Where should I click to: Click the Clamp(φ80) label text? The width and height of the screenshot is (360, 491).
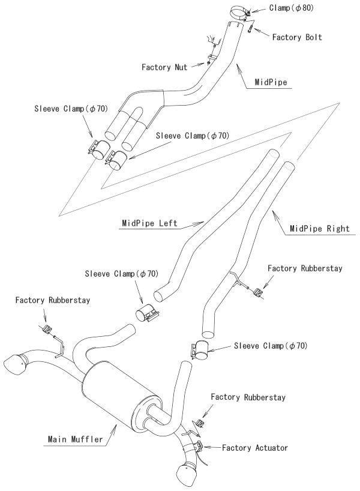click(x=290, y=8)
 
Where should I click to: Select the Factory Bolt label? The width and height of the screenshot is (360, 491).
click(x=297, y=37)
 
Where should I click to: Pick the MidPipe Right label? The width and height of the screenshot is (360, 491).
click(x=319, y=228)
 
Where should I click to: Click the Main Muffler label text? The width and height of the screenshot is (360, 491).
click(x=76, y=439)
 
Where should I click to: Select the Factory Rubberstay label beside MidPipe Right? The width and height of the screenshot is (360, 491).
click(x=305, y=268)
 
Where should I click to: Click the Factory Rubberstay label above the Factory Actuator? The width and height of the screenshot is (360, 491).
click(x=248, y=397)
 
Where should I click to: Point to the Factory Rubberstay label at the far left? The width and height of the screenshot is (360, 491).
click(x=53, y=300)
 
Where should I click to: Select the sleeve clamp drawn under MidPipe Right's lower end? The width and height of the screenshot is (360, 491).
click(x=201, y=351)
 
